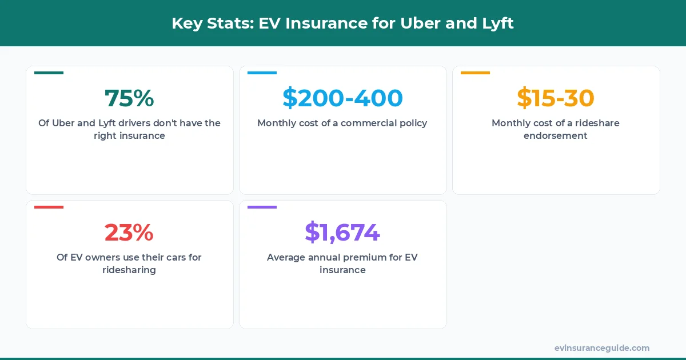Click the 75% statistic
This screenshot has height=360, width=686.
tap(129, 98)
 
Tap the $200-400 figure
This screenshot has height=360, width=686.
tap(342, 98)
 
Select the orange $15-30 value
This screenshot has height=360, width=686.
tap(556, 98)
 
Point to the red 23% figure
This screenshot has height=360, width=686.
tap(129, 233)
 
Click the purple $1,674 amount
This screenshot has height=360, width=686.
tap(342, 233)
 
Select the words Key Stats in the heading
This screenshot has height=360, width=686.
tap(211, 24)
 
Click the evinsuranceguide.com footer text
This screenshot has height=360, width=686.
tap(602, 348)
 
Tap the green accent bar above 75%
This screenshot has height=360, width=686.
tap(49, 73)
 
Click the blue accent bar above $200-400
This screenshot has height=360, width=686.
tap(262, 73)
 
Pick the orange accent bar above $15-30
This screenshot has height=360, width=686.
tap(475, 73)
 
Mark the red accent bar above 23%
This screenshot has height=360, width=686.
tap(49, 207)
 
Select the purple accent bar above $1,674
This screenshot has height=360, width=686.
tap(262, 207)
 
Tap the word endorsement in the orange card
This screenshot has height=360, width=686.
tap(556, 136)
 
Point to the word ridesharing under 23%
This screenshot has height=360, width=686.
tap(129, 270)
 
